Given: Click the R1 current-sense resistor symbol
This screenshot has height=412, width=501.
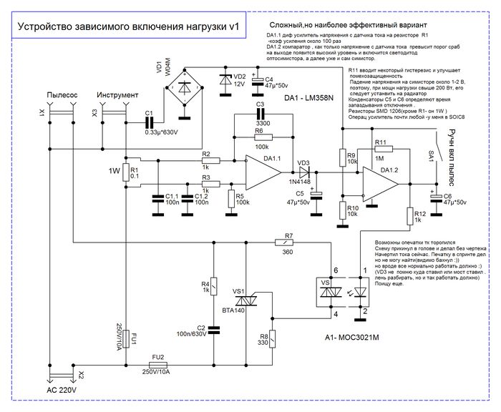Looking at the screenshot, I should (x=125, y=172).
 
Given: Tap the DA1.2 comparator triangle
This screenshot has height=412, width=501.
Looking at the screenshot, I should (x=380, y=184).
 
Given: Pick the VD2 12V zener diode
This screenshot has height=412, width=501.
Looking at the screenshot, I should (x=228, y=79).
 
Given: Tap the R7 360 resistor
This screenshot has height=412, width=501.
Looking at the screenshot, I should (x=288, y=243).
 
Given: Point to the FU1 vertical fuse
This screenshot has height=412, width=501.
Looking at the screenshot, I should (x=125, y=337).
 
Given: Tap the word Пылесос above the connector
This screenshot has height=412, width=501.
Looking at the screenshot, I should (x=61, y=95).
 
